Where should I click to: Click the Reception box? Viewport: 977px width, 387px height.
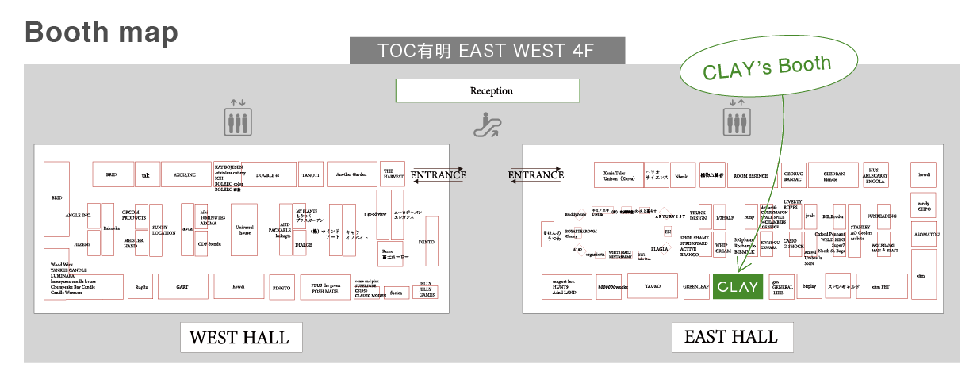(492, 90)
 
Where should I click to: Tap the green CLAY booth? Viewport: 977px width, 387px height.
(738, 286)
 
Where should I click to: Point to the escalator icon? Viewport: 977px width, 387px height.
(485, 125)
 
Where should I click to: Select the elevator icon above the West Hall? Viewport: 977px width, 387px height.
(237, 118)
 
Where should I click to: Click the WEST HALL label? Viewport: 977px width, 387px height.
(239, 338)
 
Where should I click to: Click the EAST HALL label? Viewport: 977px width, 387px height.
(731, 336)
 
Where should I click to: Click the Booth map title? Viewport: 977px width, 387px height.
(102, 33)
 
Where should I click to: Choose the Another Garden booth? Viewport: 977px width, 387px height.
(351, 174)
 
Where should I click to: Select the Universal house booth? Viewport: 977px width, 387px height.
(245, 229)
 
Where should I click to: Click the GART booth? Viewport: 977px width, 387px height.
(182, 285)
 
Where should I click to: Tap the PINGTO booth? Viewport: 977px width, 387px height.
(282, 286)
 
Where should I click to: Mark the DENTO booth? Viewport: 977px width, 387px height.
(431, 241)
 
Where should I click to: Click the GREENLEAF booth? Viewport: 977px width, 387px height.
(696, 287)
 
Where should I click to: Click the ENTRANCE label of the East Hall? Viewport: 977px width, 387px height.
(536, 175)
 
